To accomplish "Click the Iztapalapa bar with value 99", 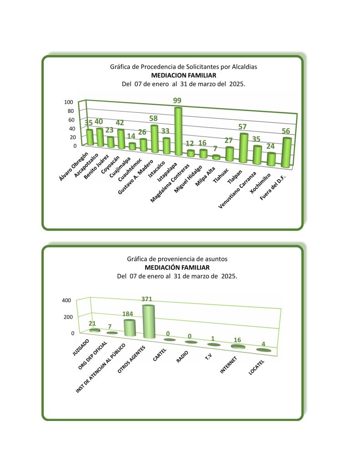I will (178, 132).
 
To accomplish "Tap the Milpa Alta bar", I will (217, 157).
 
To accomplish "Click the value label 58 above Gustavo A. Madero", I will (154, 119).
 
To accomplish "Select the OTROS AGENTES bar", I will (148, 321).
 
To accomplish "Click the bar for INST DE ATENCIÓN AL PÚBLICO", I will (130, 328).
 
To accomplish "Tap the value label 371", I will (147, 299).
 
